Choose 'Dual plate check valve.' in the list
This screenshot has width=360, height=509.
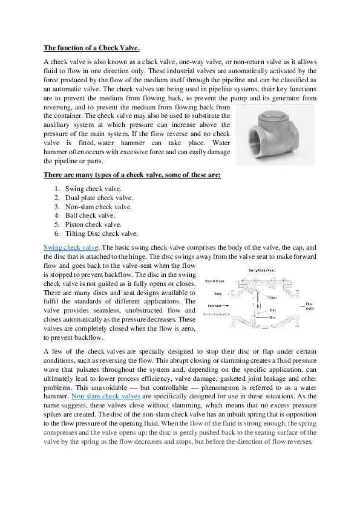coord(99,198)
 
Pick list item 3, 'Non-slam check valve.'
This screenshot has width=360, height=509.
coord(98,207)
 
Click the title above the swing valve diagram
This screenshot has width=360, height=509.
coord(263,270)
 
